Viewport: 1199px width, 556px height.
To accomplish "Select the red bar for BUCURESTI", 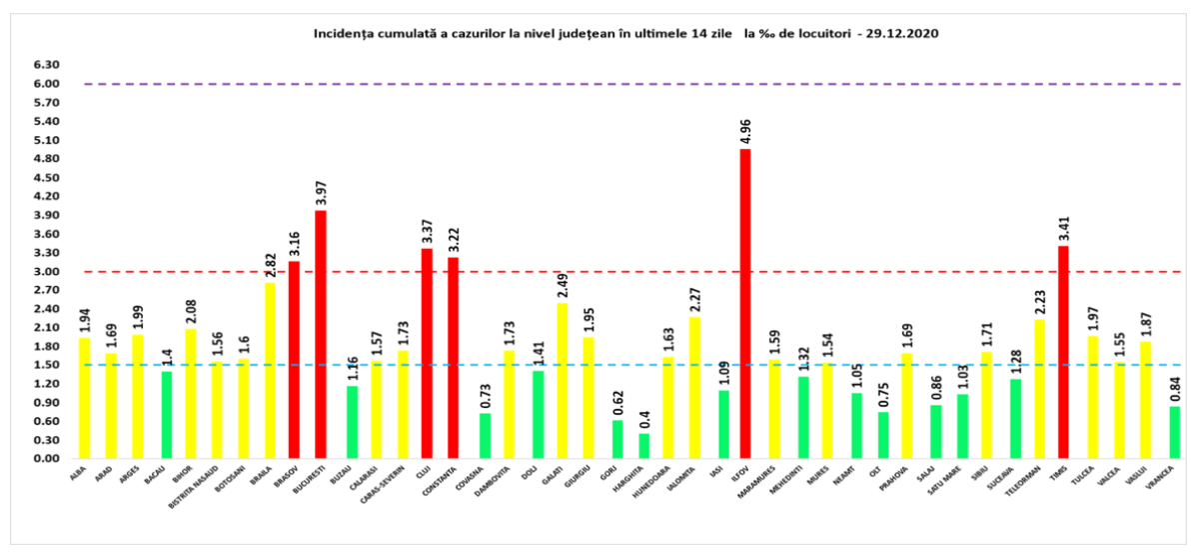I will coord(321,334).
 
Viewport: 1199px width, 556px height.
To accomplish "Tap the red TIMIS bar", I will coord(1063,352).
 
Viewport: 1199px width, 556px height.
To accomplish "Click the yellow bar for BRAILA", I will coord(269,370).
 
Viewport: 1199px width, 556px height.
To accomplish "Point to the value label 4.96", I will coord(744,132).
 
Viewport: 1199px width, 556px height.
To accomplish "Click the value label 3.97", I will coord(321,194).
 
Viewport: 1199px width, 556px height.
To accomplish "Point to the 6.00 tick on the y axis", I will coord(48,84).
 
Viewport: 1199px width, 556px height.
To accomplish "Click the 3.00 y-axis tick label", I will coord(48,271).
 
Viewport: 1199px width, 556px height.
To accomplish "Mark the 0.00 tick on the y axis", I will coord(48,458).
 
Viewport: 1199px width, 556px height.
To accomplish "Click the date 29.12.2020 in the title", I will coord(901,33).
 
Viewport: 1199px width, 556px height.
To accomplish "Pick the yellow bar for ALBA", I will coord(84,398).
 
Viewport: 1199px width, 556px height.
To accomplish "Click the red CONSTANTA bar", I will coord(454,357).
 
